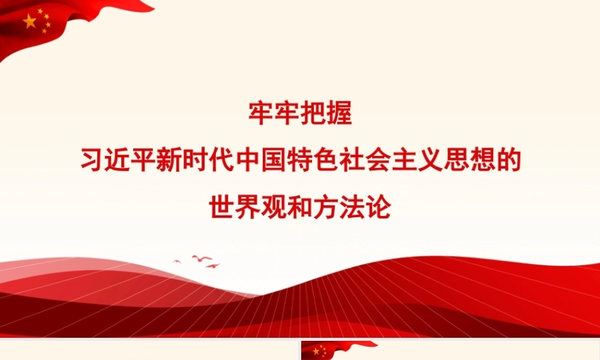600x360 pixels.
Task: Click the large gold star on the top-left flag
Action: click(30, 22)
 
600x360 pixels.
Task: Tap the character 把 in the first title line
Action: click(313, 113)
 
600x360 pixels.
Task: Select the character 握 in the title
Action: click(339, 113)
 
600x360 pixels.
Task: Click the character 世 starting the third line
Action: click(222, 206)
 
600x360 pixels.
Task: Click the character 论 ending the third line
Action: click(378, 206)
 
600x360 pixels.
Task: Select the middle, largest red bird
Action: click(202, 258)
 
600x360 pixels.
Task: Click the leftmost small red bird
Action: click(177, 261)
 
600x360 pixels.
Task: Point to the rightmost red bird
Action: click(213, 266)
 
